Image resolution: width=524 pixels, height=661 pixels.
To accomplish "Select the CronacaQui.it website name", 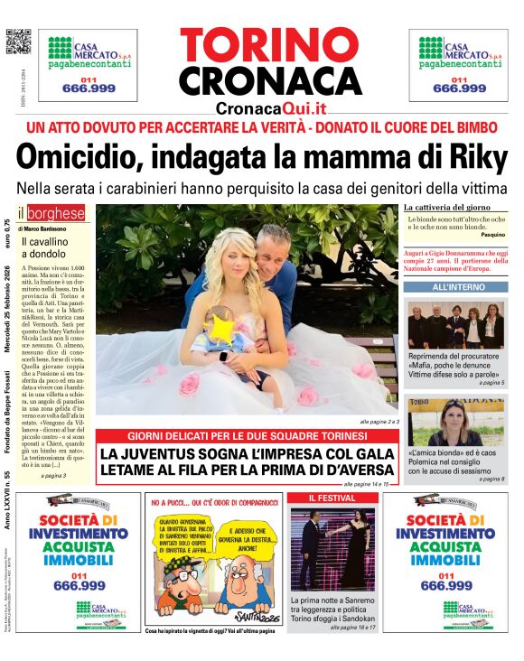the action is [272, 108].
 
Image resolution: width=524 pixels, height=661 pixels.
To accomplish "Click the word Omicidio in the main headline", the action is [80, 159].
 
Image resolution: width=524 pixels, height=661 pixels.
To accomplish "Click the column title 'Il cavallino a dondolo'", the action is [46, 248].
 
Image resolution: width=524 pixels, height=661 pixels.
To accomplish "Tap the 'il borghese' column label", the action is [52, 214].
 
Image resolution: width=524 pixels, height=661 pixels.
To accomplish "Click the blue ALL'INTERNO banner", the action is [455, 287].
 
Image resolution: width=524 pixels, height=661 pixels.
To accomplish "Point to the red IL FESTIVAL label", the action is [332, 498].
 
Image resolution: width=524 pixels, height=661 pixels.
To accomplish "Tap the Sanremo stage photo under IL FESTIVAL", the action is [332, 549].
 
